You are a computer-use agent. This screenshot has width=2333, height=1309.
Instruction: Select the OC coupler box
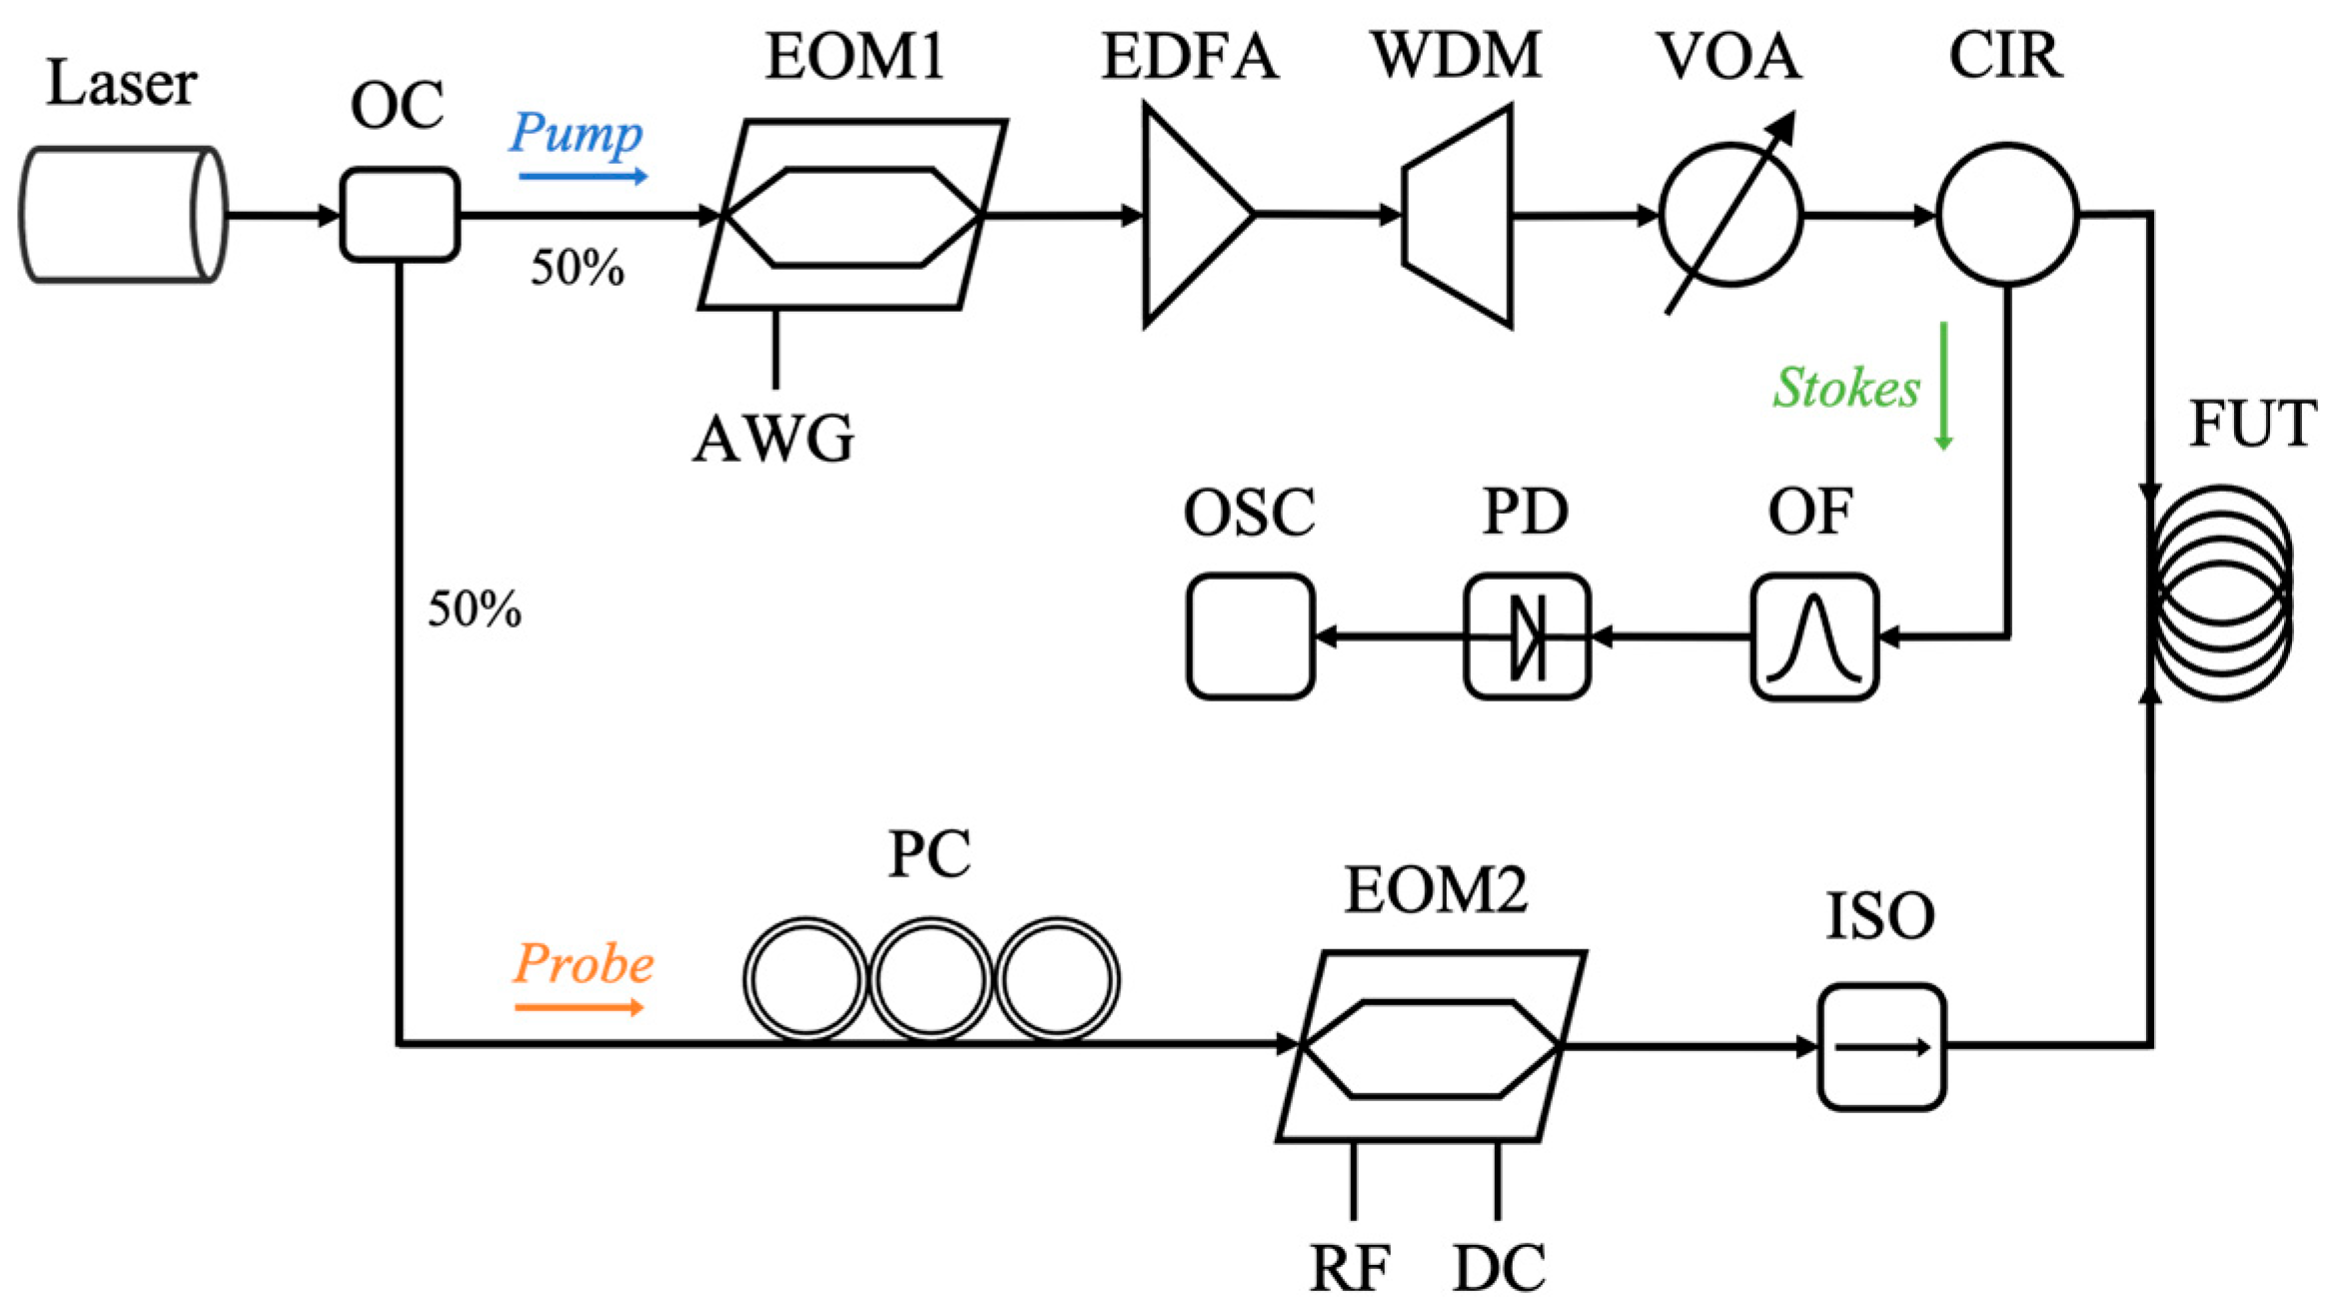pyautogui.click(x=400, y=215)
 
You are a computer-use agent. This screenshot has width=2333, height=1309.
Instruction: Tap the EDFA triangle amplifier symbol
pyautogui.click(x=1189, y=215)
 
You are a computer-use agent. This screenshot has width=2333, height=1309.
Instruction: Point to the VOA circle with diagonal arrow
pyautogui.click(x=1731, y=215)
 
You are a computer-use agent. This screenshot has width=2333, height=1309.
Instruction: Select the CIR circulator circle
pyautogui.click(x=2007, y=215)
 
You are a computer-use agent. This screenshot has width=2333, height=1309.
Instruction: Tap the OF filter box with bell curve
pyautogui.click(x=1813, y=637)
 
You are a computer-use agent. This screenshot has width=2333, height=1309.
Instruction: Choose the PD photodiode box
pyautogui.click(x=1526, y=637)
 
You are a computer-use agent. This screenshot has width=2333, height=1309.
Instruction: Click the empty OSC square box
pyautogui.click(x=1250, y=637)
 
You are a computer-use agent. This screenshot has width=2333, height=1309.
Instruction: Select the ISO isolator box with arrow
pyautogui.click(x=1880, y=1047)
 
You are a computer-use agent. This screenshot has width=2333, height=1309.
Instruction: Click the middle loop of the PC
pyautogui.click(x=930, y=980)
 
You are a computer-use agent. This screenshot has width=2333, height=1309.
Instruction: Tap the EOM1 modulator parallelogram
pyautogui.click(x=852, y=215)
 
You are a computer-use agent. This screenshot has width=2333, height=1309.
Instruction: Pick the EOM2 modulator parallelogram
pyautogui.click(x=1431, y=1046)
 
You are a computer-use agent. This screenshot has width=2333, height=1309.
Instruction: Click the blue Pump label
pyautogui.click(x=576, y=133)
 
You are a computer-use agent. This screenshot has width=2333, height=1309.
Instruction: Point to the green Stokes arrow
pyautogui.click(x=1943, y=386)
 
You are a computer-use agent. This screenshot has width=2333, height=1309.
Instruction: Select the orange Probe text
pyautogui.click(x=583, y=964)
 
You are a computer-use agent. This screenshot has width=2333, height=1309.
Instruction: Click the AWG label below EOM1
pyautogui.click(x=774, y=439)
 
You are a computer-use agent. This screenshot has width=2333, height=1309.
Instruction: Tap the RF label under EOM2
pyautogui.click(x=1350, y=1269)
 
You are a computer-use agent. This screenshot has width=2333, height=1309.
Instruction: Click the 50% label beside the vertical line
pyautogui.click(x=475, y=609)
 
